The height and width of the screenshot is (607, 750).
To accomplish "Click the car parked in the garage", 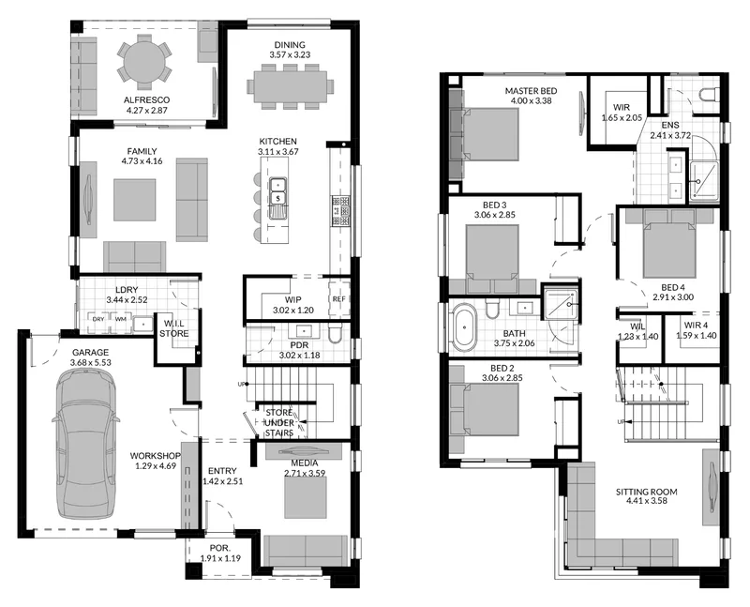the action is [x=85, y=447].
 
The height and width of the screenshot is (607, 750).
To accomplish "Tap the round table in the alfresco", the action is [x=143, y=62].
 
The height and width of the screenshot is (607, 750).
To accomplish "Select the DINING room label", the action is [x=290, y=45].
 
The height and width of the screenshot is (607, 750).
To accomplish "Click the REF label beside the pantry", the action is [x=338, y=299].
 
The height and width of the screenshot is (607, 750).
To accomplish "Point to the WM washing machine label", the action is [x=121, y=319].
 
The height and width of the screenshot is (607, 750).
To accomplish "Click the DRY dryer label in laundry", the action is [x=98, y=319].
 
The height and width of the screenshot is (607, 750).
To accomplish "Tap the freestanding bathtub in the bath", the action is [x=464, y=327].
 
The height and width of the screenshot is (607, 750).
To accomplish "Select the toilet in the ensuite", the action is [x=709, y=95].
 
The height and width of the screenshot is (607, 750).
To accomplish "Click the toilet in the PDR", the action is [x=335, y=334].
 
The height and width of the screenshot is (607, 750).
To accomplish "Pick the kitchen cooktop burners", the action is [x=341, y=211].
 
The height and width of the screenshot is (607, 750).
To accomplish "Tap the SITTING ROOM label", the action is [x=646, y=492].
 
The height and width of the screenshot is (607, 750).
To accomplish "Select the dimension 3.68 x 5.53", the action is [x=90, y=362].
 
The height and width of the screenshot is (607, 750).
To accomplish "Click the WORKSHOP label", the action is [x=156, y=456].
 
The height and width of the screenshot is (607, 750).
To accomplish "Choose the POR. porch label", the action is [x=220, y=548].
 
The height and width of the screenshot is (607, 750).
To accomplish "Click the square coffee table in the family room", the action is [x=134, y=200].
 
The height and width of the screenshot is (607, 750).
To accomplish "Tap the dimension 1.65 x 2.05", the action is [x=622, y=118].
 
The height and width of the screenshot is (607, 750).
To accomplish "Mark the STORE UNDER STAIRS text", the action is [x=279, y=423].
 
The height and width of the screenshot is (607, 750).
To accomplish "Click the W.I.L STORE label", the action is [x=174, y=329].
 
